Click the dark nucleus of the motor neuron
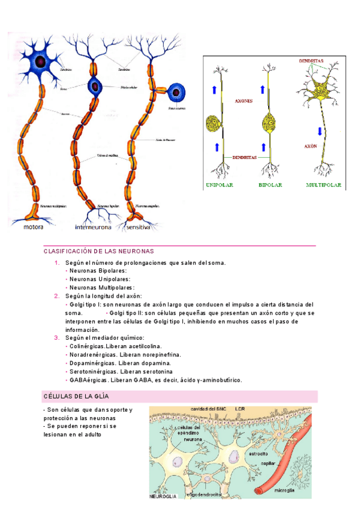[40, 61]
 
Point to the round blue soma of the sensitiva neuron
[176, 92]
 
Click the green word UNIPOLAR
[223, 185]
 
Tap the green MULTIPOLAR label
[323, 185]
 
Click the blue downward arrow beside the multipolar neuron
[320, 131]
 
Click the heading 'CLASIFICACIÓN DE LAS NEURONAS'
[99, 251]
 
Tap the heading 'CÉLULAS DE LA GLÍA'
[76, 397]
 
